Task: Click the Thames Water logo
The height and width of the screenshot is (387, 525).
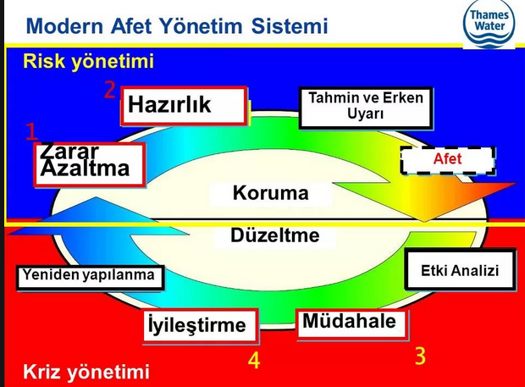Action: coord(489,24)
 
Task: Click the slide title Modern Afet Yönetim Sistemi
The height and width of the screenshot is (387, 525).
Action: coord(177,26)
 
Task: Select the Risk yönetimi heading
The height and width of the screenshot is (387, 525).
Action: coord(88,61)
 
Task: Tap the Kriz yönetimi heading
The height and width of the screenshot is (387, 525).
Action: coord(86,372)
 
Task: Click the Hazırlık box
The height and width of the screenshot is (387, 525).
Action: coord(184,106)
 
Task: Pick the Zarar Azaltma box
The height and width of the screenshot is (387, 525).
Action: coord(90,164)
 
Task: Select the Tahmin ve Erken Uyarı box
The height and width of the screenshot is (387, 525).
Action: coord(366,108)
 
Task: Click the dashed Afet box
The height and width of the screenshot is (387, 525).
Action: coord(448,160)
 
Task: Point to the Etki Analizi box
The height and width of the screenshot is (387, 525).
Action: coord(460,269)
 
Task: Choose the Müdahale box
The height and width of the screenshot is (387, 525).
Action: coord(353,323)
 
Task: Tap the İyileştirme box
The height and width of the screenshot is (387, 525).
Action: coord(201,326)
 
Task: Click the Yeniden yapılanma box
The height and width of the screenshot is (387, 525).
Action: coord(90,277)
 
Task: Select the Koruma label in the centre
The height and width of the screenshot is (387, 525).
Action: coord(270,193)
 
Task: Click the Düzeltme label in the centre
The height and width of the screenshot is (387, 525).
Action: coord(275,235)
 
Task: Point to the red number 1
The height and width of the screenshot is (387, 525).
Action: coord(32,131)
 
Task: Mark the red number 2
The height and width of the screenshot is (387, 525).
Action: coord(109,90)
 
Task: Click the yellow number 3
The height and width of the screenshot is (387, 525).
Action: coord(421,356)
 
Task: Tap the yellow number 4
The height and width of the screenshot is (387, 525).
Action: coord(254,361)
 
